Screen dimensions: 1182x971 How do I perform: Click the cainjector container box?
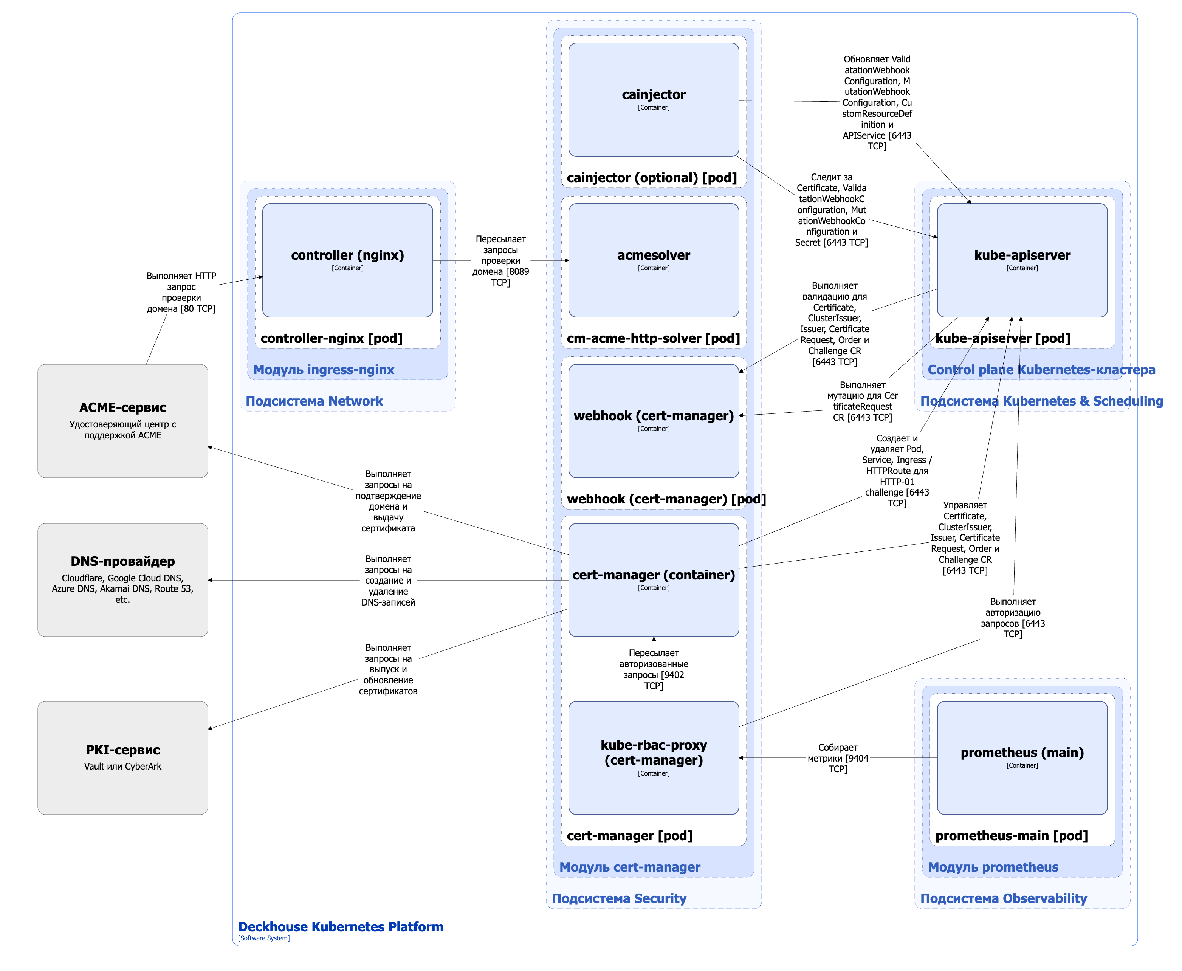[654, 99]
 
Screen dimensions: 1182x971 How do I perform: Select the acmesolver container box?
[654, 260]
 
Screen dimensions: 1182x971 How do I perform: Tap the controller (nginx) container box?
[347, 260]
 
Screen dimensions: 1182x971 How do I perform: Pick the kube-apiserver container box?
[1022, 260]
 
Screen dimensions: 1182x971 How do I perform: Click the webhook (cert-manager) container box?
[654, 421]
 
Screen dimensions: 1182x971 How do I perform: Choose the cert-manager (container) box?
[654, 580]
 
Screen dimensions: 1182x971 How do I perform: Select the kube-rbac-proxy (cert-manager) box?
[654, 758]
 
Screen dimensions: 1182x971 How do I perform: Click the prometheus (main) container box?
[1022, 758]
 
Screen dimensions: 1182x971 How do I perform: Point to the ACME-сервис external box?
[122, 421]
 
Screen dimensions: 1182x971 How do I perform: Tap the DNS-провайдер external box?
[122, 580]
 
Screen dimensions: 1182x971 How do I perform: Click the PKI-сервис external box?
[122, 758]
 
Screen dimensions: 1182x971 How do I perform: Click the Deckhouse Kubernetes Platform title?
[341, 927]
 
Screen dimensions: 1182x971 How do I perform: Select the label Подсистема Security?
[619, 898]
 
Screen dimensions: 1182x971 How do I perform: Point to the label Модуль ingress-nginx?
[324, 370]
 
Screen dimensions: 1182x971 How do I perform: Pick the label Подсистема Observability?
[1004, 898]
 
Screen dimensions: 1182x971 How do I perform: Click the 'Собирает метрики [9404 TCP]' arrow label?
[837, 758]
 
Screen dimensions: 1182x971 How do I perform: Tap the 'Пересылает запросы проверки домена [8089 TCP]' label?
[500, 261]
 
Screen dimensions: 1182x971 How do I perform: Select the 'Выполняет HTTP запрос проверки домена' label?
[181, 292]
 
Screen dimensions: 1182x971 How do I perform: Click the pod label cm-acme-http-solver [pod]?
[653, 338]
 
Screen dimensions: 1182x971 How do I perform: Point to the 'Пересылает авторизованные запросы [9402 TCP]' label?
[654, 669]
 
